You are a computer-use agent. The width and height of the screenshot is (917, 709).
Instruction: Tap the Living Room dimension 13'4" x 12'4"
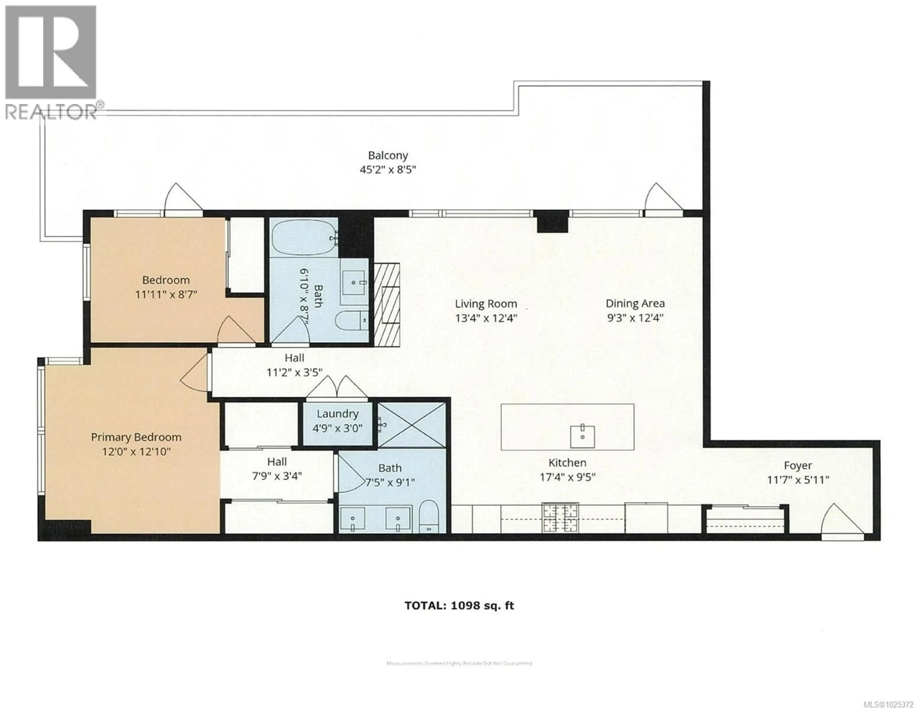[486, 318]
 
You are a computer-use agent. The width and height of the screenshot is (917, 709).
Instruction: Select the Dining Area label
[635, 303]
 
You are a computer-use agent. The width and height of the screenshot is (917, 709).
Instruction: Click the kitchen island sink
[582, 437]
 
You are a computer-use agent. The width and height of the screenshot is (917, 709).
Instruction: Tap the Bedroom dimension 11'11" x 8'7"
[166, 294]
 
